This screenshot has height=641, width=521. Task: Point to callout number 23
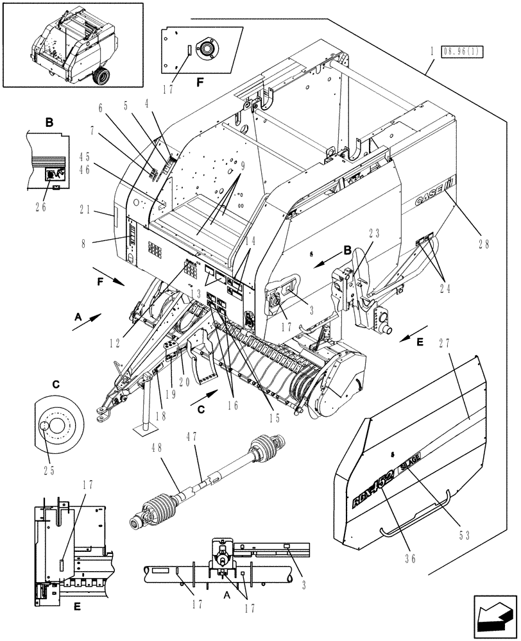(374, 234)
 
